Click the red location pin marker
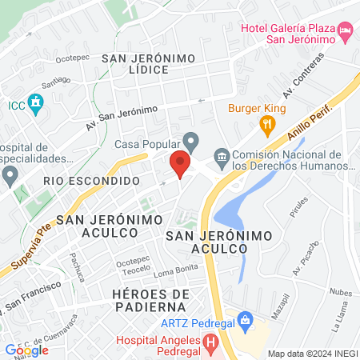click(x=181, y=163)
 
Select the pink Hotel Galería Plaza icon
click(x=346, y=31)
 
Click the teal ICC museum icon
click(x=34, y=102)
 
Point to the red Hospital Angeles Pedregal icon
click(x=210, y=345)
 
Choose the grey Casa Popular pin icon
click(x=190, y=140)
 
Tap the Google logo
click(x=26, y=350)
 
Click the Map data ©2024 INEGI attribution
click(x=312, y=354)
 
